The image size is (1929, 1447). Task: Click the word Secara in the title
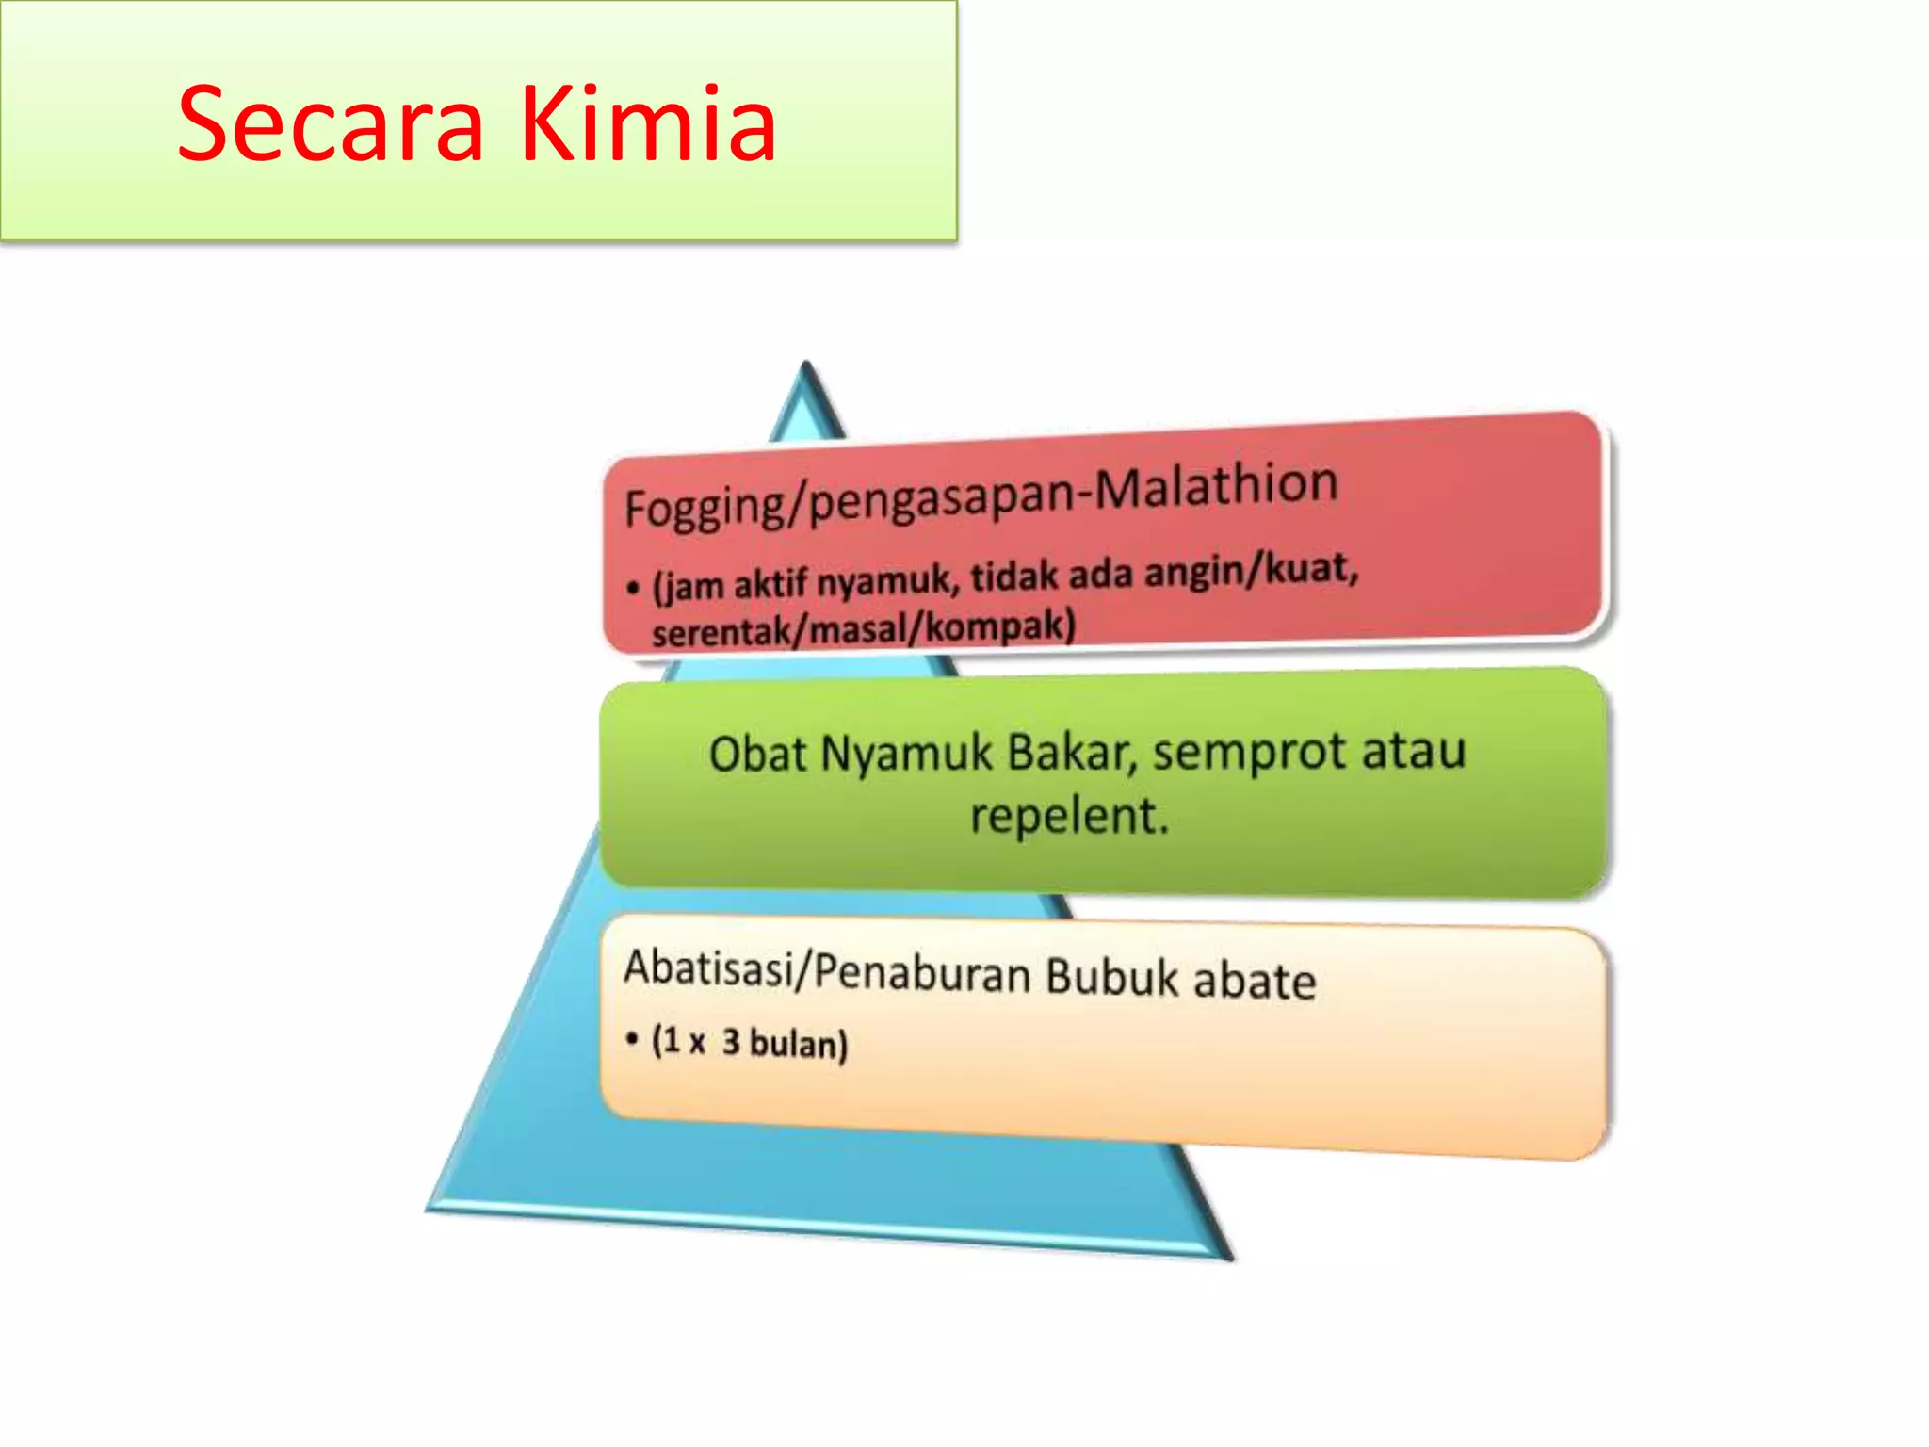(x=330, y=125)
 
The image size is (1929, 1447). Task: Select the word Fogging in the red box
(x=705, y=508)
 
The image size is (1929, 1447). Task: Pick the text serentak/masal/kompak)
(x=863, y=626)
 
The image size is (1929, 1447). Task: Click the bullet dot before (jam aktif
(x=632, y=588)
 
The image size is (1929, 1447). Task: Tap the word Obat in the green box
(x=757, y=755)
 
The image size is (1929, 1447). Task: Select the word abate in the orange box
(x=1255, y=981)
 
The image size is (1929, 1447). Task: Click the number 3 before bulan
(x=731, y=1042)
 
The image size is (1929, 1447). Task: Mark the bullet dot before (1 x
(x=631, y=1038)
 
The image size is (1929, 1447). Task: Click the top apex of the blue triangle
(x=806, y=366)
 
